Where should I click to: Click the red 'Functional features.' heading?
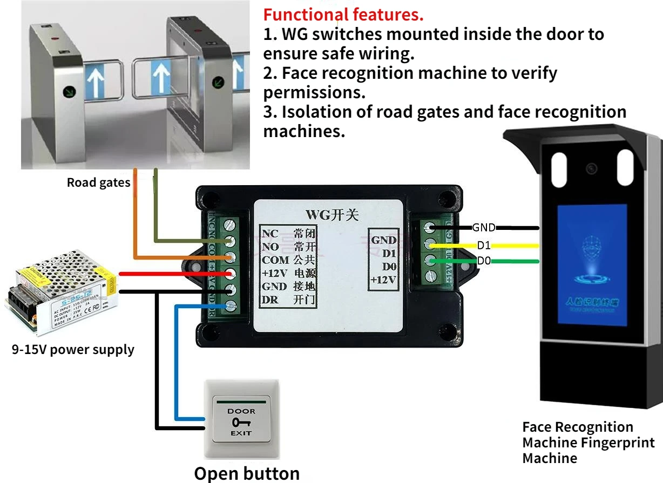click(343, 15)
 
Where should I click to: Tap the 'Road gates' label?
click(98, 183)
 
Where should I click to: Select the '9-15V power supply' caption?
click(73, 350)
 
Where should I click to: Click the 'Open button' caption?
click(247, 473)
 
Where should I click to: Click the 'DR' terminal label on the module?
click(270, 300)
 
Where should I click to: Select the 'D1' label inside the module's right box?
click(389, 253)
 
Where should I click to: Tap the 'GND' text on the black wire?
click(484, 228)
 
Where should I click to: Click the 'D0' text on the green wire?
click(484, 261)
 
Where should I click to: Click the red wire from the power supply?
click(162, 274)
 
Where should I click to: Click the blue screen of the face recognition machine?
click(592, 264)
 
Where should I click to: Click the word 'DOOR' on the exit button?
click(241, 411)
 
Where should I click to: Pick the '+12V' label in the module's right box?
click(383, 280)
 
